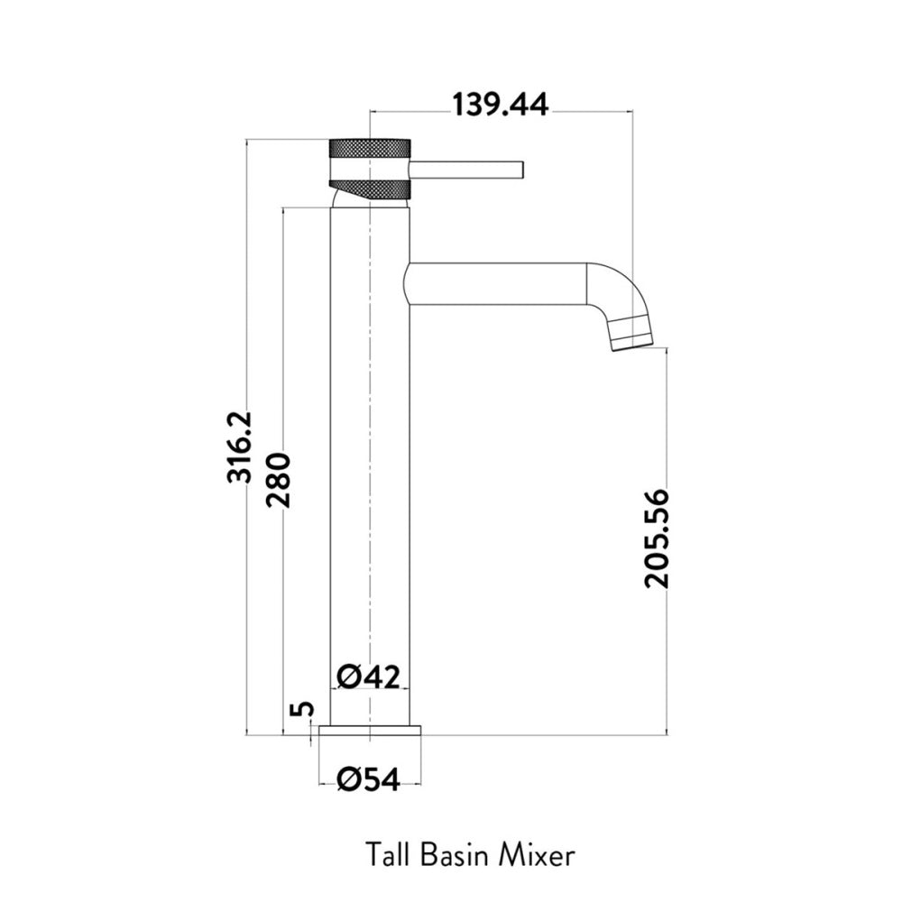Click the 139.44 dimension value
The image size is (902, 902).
coord(500,106)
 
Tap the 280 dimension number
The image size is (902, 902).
coord(279,481)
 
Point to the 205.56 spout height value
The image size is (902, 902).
coord(657,538)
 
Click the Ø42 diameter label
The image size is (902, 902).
coord(368,677)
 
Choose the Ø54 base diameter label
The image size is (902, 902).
coord(368,780)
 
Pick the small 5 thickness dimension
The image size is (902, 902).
coord(303,708)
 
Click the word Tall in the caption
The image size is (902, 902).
coord(388,855)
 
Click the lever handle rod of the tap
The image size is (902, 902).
coord(466,170)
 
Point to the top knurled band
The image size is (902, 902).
coord(369,148)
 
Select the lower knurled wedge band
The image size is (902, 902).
coord(370,189)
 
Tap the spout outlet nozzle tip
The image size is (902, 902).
coord(631,339)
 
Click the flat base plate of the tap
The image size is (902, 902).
coord(370,731)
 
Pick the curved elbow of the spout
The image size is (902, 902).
coord(617,290)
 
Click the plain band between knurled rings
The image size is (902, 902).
coord(369,170)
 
